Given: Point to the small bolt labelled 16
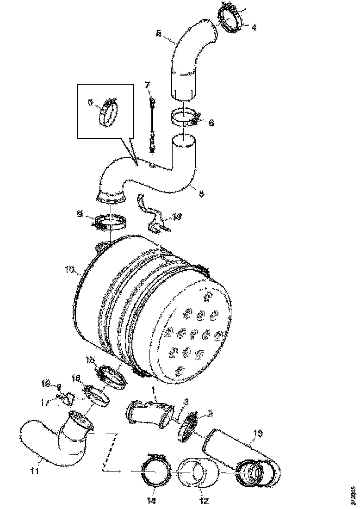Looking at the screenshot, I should point(59,385).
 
